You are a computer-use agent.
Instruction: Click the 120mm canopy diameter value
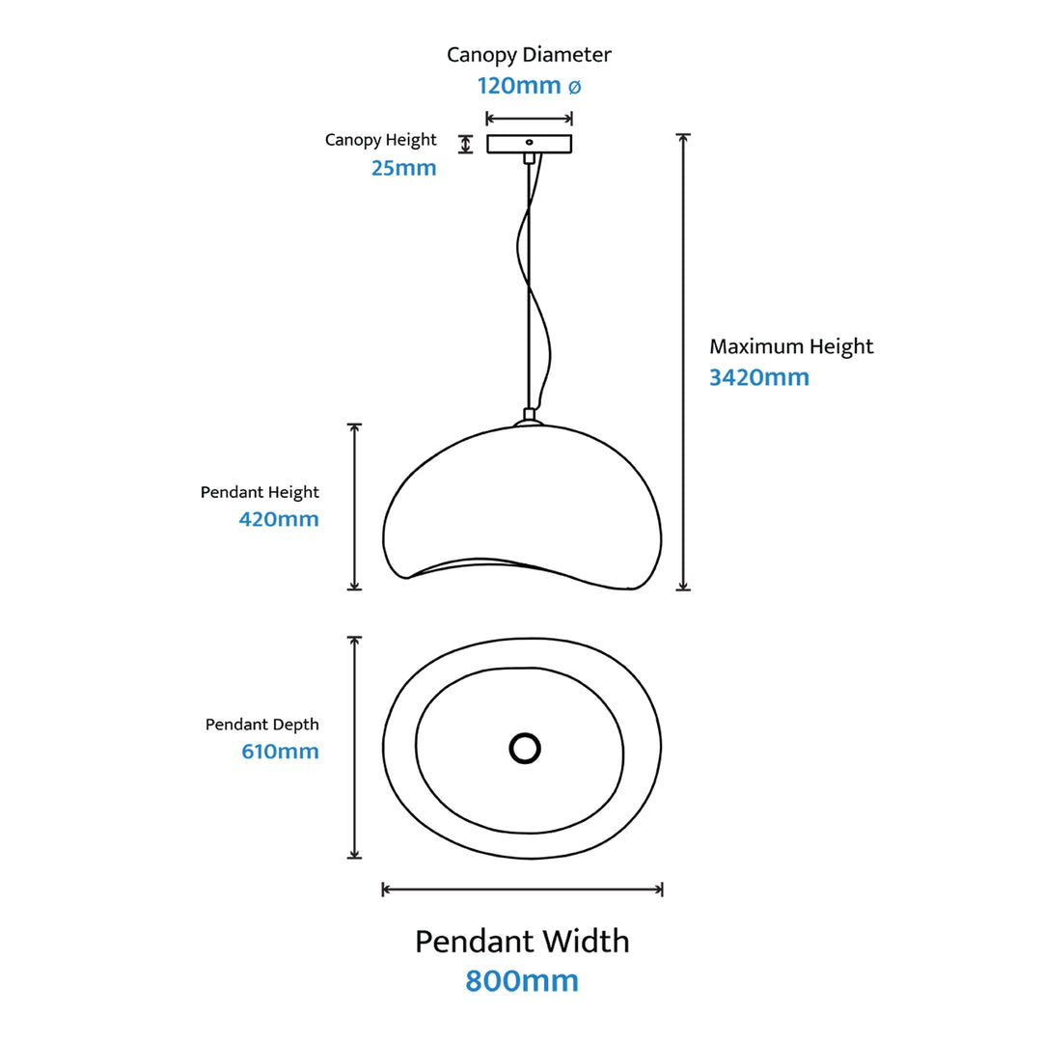[x=519, y=86]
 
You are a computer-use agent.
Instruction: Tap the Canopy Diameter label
[x=529, y=55]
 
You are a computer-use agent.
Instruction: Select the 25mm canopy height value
[x=403, y=168]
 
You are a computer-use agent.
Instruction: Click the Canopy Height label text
[x=380, y=140]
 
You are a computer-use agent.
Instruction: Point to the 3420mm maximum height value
[x=759, y=377]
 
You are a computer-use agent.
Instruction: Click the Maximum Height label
[x=791, y=346]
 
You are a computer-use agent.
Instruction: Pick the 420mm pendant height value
[x=279, y=520]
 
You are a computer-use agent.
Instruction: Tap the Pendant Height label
[x=260, y=492]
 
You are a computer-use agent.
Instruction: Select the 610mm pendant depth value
[x=280, y=752]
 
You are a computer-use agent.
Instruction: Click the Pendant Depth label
[x=261, y=725]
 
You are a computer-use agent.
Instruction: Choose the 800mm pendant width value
[x=522, y=980]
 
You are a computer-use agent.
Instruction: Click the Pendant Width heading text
[x=522, y=941]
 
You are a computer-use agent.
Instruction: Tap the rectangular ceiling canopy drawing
[x=529, y=144]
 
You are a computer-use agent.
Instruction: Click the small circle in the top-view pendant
[x=524, y=748]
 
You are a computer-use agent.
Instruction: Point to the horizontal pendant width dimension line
[x=522, y=890]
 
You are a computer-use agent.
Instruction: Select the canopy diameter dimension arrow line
[x=529, y=119]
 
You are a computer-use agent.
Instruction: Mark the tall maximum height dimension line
[x=683, y=362]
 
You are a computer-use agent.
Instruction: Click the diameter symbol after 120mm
[x=573, y=87]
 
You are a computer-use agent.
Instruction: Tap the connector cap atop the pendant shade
[x=527, y=418]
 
